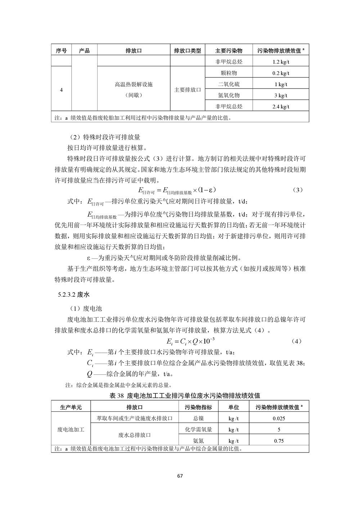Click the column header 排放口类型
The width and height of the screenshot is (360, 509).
point(187,51)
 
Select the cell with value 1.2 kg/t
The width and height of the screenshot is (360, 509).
point(281,62)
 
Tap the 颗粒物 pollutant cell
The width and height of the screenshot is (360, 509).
point(229,73)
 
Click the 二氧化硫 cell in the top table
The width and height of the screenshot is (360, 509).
point(229,84)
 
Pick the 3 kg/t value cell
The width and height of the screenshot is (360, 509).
point(281,95)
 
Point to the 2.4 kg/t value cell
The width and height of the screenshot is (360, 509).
point(281,107)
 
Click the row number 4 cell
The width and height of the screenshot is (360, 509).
point(61,90)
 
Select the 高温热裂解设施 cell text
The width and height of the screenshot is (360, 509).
point(134,85)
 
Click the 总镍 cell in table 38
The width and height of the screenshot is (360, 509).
point(198,419)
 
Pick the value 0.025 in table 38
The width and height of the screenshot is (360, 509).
point(279,419)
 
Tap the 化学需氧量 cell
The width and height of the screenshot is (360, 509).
point(198,430)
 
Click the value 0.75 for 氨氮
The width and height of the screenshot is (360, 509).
point(279,441)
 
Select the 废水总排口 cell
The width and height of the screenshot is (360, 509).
point(134,435)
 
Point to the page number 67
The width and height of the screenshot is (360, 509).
point(180,476)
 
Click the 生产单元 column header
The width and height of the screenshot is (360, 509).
point(71,407)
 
